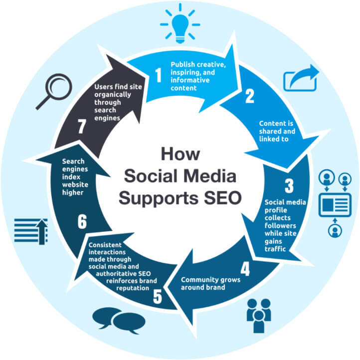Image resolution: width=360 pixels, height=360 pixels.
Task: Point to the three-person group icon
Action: click(259, 315)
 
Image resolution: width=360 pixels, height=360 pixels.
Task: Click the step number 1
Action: click(159, 75)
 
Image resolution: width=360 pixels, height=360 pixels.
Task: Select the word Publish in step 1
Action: click(181, 65)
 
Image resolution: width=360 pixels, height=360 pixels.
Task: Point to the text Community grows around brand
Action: click(210, 283)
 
